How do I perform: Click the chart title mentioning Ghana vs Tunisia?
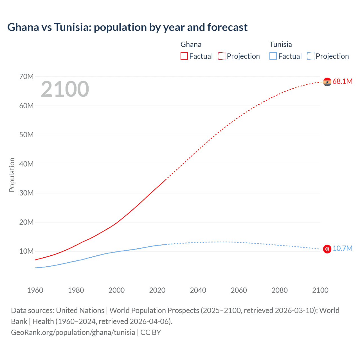(x=127, y=27)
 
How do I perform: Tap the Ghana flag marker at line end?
(x=327, y=82)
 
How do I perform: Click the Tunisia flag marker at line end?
(x=327, y=249)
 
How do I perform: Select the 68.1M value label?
(x=342, y=82)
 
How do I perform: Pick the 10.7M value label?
(x=342, y=249)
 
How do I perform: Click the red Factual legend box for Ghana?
(x=184, y=56)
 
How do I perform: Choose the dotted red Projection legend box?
(x=222, y=56)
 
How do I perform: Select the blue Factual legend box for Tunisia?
(x=273, y=56)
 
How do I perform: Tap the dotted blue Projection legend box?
(x=310, y=56)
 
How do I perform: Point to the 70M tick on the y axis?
(x=26, y=76)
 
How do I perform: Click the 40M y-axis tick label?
(x=26, y=164)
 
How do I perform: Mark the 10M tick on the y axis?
(x=26, y=251)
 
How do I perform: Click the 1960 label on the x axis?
(x=35, y=290)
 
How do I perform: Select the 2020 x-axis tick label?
(x=157, y=290)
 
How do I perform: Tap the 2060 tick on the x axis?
(x=239, y=290)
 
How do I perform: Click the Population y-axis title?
(x=12, y=175)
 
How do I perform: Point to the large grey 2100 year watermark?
(x=65, y=89)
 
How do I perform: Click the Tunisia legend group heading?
(x=281, y=44)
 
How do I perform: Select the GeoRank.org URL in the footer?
(x=73, y=332)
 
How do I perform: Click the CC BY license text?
(x=151, y=332)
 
